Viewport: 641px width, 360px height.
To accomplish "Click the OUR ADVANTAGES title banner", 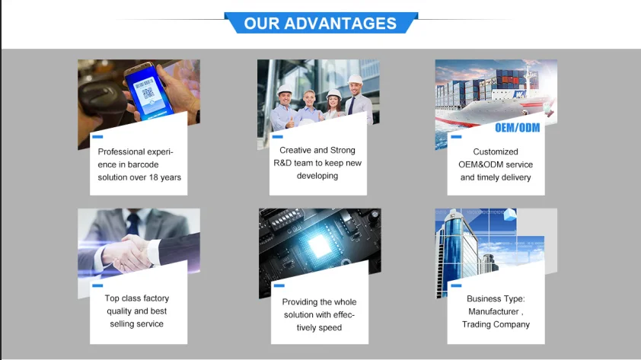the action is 321,23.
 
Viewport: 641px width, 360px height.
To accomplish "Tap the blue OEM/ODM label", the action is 517,128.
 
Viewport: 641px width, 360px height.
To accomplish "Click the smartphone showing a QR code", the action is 148,91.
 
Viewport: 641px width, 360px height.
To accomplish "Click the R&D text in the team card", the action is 282,163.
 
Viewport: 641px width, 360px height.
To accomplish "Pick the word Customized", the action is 496,151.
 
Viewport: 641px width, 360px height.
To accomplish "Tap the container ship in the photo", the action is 494,98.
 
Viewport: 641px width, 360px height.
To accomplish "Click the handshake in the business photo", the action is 130,252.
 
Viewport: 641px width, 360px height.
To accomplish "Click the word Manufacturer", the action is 493,312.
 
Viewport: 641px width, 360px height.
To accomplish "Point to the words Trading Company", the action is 496,324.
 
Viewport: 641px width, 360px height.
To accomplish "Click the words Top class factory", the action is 137,298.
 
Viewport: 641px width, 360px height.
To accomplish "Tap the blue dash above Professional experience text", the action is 97,137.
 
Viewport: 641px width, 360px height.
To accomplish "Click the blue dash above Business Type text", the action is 456,285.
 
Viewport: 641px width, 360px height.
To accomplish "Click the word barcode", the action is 142,164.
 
